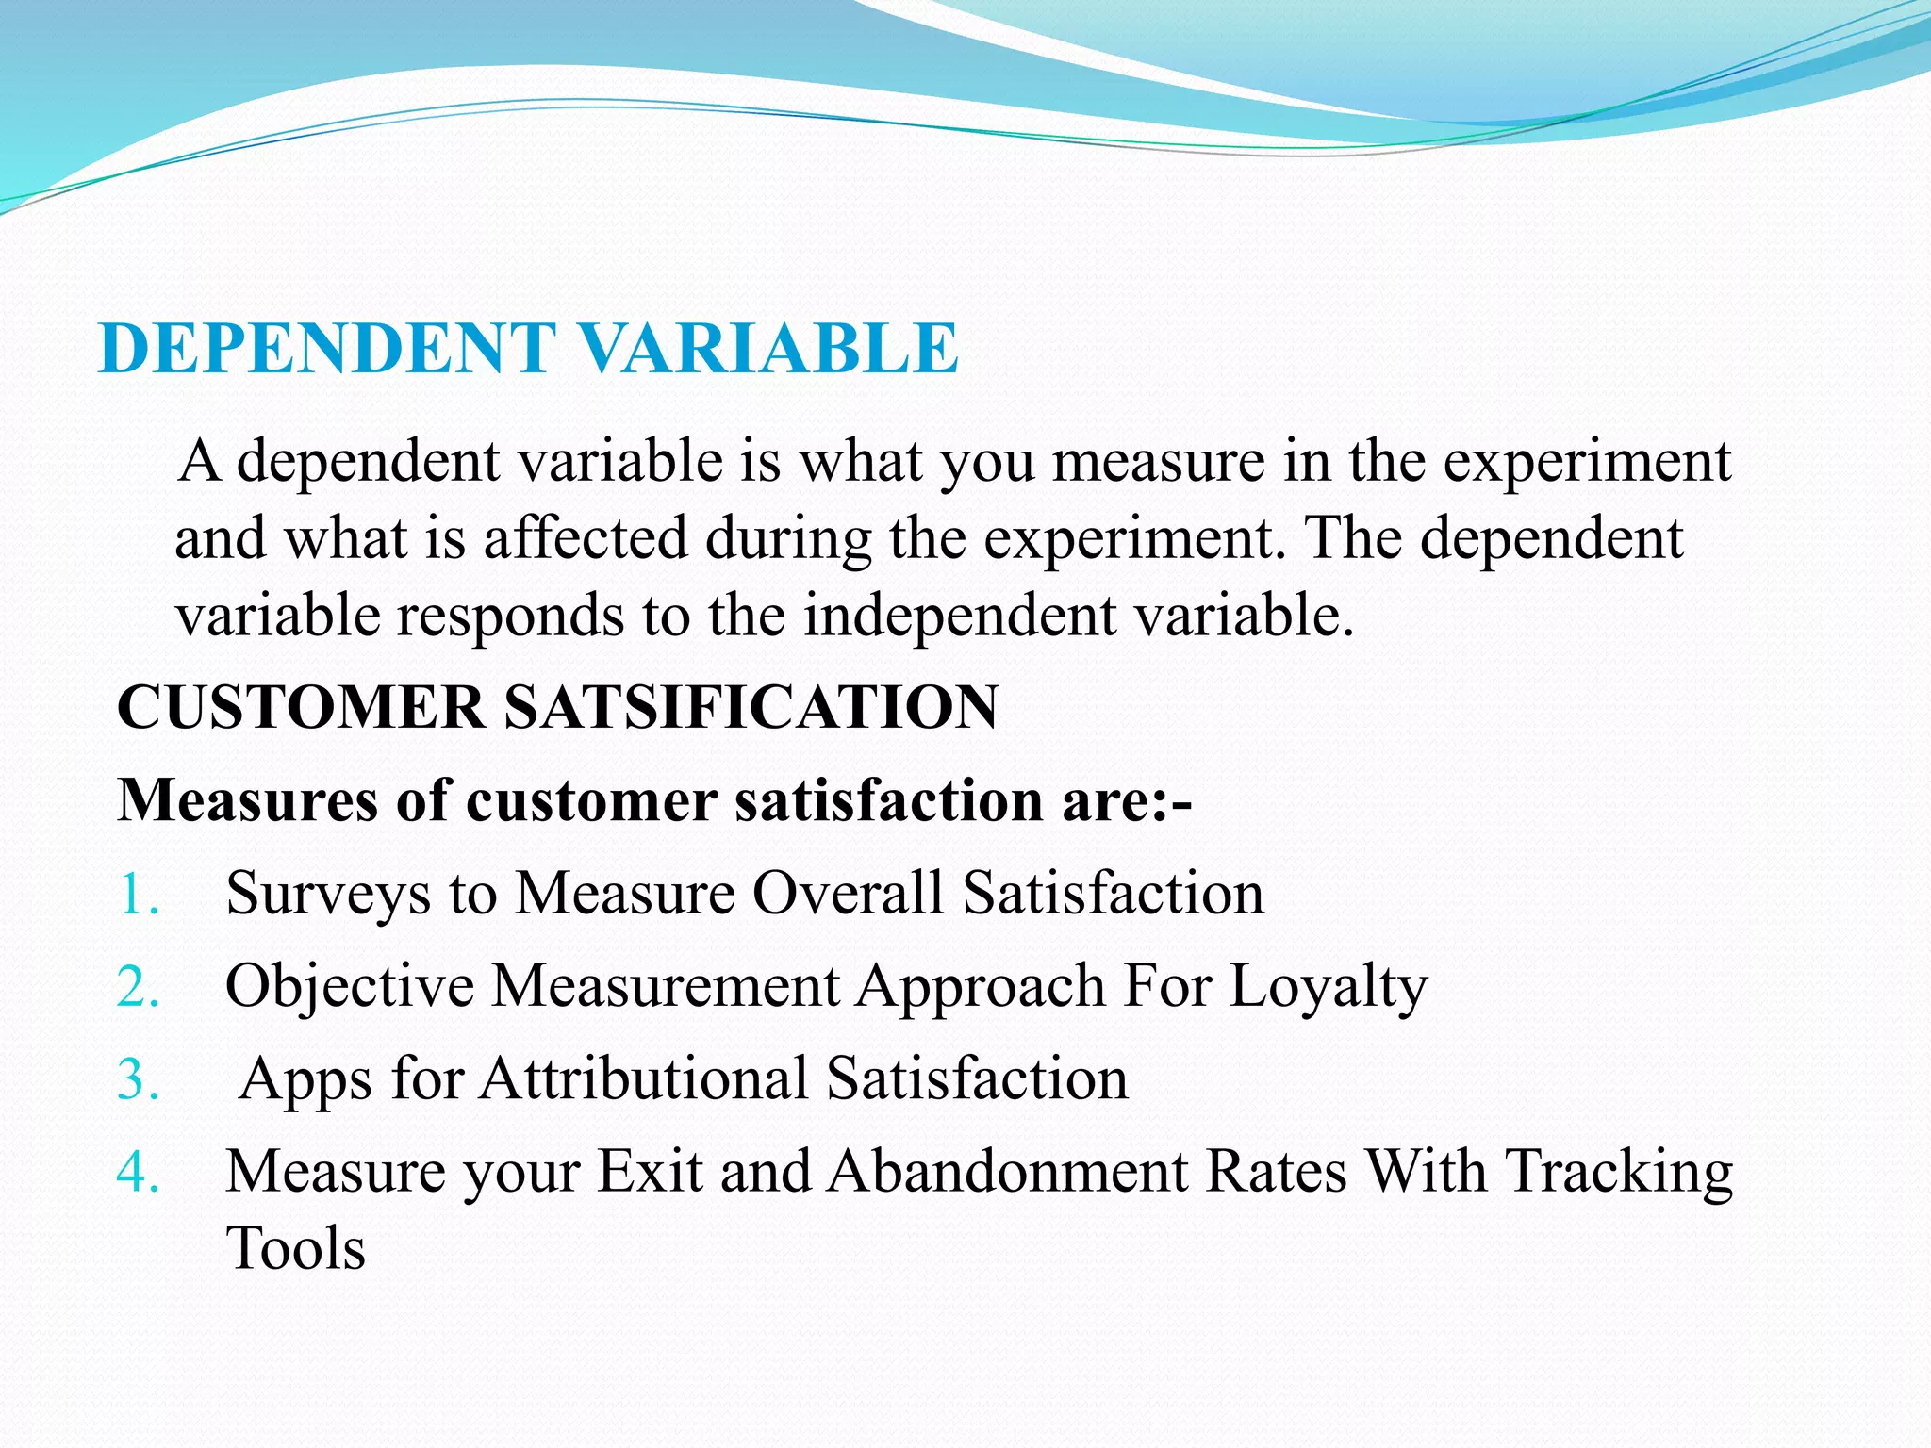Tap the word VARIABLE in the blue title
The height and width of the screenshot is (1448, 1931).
pos(767,349)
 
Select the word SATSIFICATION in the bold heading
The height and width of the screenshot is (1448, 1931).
pos(751,707)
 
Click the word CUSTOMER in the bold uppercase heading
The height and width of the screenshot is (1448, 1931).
pos(301,707)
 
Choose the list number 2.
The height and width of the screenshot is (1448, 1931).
pos(138,987)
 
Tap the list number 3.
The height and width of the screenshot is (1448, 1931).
pos(138,1079)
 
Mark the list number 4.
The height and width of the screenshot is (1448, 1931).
pos(138,1172)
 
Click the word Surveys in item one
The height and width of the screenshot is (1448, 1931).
pos(328,894)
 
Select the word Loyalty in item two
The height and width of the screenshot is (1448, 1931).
pos(1329,987)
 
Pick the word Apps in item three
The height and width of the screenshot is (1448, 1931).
pos(305,1079)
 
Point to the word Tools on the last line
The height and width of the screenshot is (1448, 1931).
pos(296,1249)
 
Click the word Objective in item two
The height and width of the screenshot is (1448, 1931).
pos(350,987)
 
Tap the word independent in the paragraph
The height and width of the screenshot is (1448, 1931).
pos(960,616)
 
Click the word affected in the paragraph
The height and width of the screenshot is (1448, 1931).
pos(586,539)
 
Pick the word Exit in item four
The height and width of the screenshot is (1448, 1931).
pos(651,1172)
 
